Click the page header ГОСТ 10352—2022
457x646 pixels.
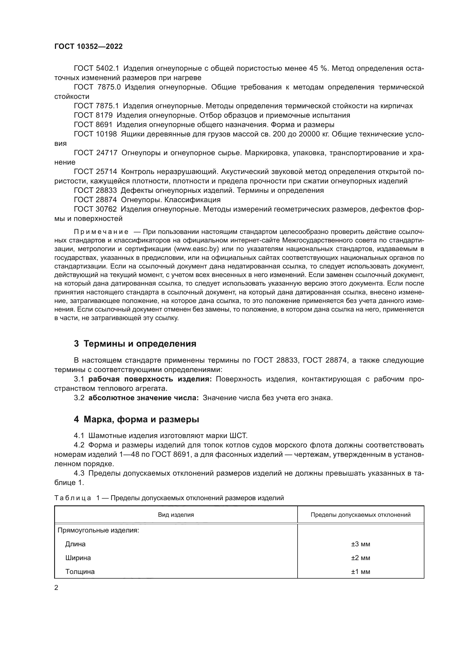point(88,47)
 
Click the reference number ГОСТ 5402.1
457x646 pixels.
point(96,68)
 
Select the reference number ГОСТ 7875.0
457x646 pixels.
point(97,87)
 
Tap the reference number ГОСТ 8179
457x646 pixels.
point(93,115)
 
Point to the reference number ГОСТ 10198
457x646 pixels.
point(95,134)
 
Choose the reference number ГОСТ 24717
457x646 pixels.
point(95,153)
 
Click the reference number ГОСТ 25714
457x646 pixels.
point(95,172)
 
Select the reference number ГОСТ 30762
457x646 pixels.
point(95,209)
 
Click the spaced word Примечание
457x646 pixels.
point(101,232)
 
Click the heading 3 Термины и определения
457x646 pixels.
point(135,344)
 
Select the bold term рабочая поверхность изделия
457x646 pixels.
point(150,379)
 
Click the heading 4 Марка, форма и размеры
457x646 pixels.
point(136,420)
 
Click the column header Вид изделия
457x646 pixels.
point(176,515)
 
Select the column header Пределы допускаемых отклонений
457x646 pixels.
point(361,515)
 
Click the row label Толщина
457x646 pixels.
point(80,572)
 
